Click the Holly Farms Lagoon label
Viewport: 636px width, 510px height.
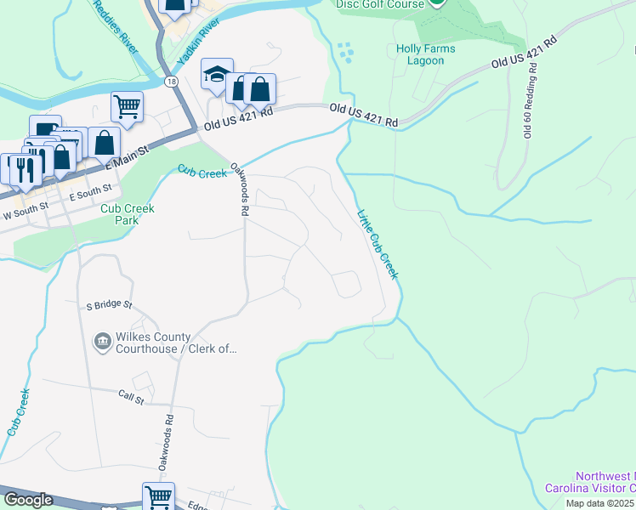tap(425, 54)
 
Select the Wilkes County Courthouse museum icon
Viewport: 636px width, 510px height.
tap(102, 342)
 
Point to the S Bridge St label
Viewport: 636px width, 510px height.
tap(110, 303)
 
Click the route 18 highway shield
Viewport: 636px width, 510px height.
tap(172, 81)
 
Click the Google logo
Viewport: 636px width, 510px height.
tap(28, 500)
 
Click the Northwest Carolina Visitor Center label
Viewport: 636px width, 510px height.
tap(605, 482)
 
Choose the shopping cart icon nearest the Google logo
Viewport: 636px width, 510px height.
tap(157, 496)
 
